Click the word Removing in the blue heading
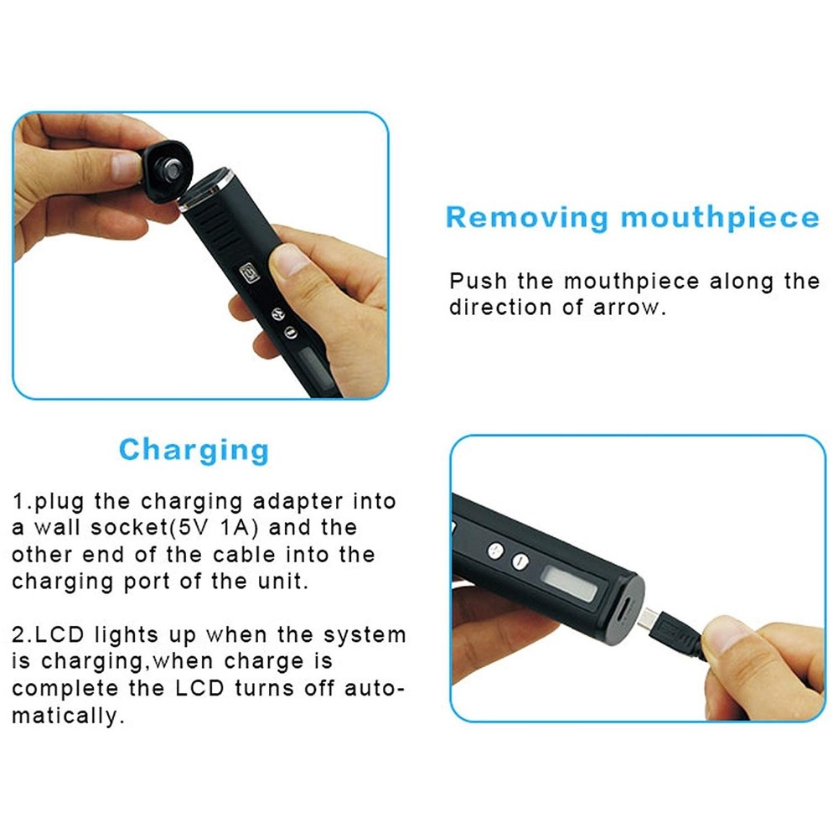point(527,218)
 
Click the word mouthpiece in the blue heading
point(720,219)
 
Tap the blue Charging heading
point(194,451)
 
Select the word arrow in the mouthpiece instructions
point(629,308)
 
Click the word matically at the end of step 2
point(68,716)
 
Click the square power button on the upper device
point(250,273)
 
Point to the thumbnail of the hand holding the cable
point(724,634)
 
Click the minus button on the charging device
point(520,561)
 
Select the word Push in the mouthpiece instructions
point(478,281)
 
